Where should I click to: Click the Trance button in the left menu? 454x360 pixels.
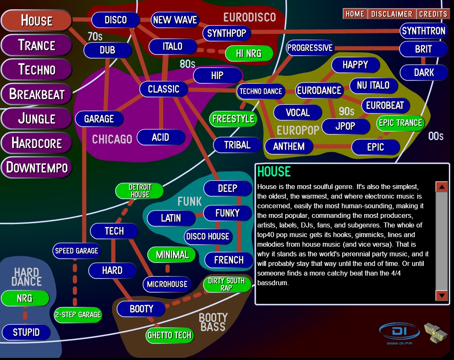tap(36, 45)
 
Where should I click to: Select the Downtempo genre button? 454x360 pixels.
tap(36, 168)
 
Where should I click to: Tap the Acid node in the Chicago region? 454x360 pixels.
tap(161, 137)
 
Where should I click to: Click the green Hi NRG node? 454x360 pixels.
tap(249, 54)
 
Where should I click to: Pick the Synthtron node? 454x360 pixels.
tap(423, 31)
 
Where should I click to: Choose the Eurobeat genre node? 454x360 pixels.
tap(385, 105)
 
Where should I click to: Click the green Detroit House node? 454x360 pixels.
tap(140, 191)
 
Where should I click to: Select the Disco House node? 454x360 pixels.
tap(208, 236)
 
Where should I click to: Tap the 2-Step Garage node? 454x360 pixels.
tap(78, 314)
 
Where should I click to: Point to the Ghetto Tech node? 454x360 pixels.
tap(169, 335)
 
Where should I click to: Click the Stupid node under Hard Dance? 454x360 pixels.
tap(26, 332)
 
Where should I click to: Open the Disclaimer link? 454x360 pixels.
tap(392, 14)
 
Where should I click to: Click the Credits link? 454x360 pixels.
tap(433, 14)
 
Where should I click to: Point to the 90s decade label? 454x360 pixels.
tap(346, 111)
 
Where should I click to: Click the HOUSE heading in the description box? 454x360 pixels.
tap(274, 171)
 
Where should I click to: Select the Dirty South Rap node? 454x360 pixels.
tap(226, 284)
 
